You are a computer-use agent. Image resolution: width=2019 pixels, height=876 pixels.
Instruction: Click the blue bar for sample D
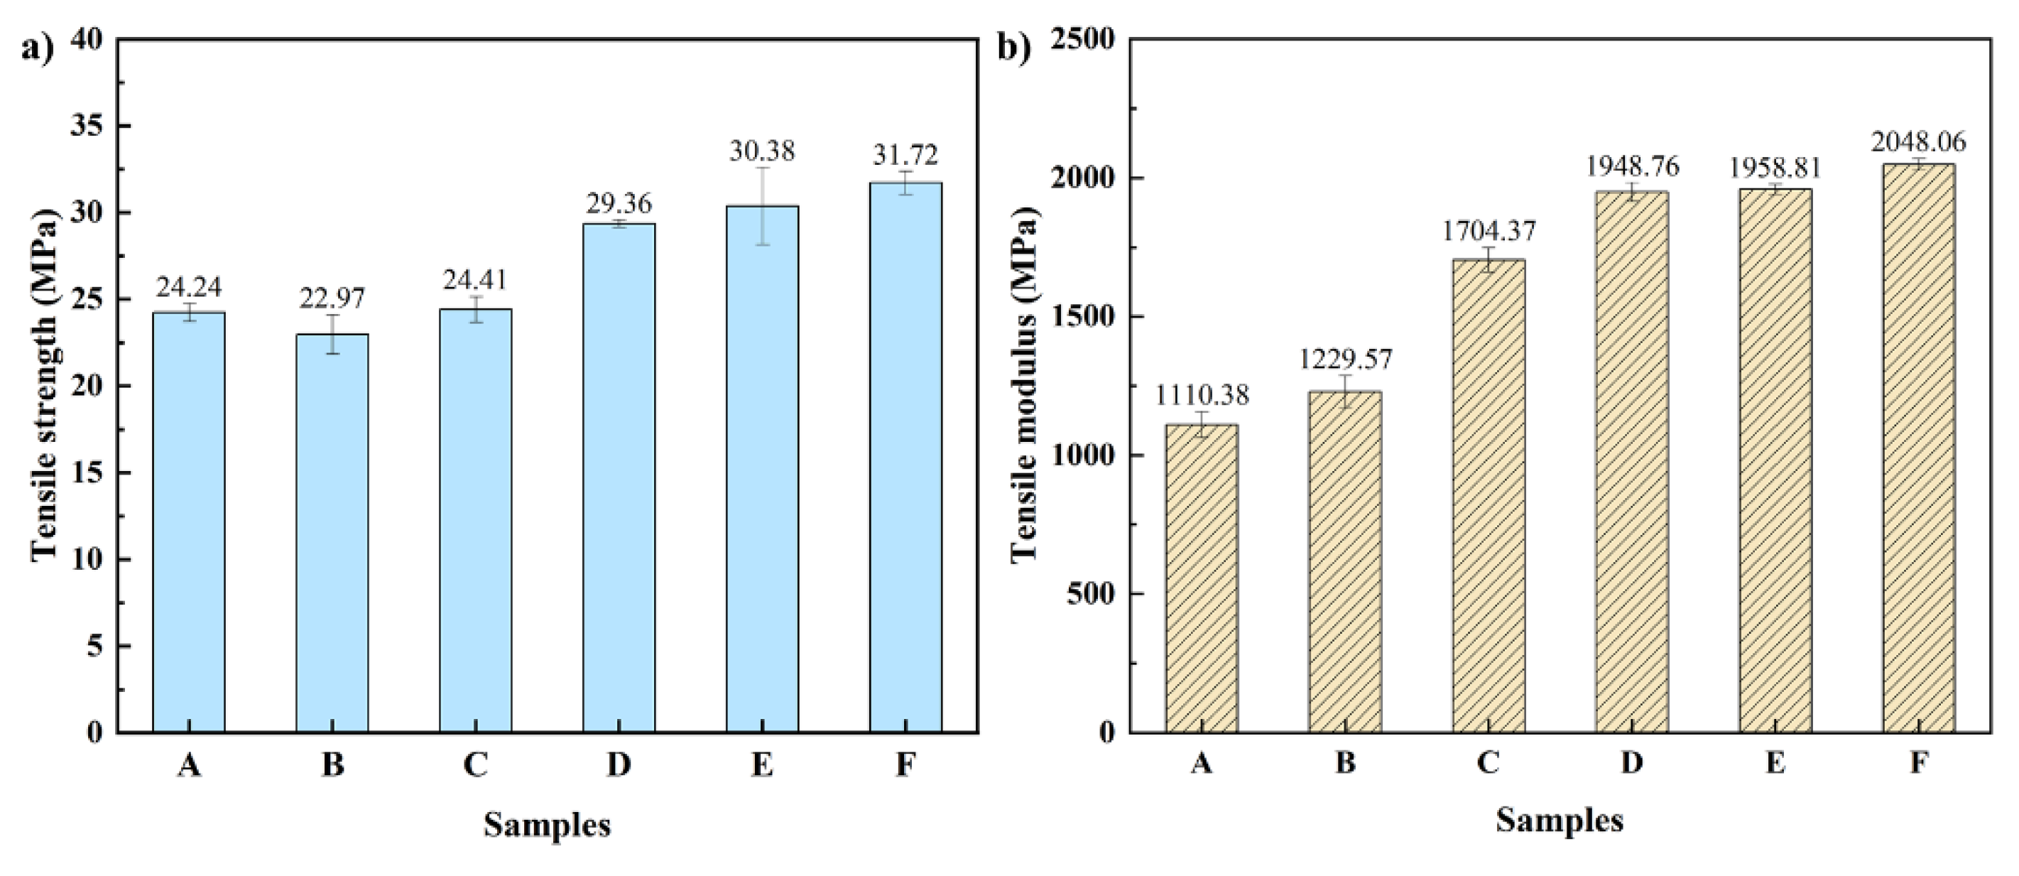tap(619, 478)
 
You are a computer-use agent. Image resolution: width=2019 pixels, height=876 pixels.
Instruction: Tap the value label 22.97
tap(332, 298)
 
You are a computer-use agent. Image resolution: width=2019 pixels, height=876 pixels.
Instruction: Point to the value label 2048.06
tap(1919, 142)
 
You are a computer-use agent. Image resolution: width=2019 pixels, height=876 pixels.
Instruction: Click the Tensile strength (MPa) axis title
tap(45, 384)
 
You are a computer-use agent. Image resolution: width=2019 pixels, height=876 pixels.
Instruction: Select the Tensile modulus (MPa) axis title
tap(1023, 384)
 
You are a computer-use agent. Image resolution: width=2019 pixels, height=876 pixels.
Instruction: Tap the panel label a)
tap(37, 48)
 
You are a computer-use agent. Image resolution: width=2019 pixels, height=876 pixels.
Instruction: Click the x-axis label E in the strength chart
tap(762, 764)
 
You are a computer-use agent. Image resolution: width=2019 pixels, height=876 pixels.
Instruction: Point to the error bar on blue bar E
tap(763, 205)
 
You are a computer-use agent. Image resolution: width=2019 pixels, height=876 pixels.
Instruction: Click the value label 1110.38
tap(1202, 395)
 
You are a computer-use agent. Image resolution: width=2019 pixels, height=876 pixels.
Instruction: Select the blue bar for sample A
tap(189, 521)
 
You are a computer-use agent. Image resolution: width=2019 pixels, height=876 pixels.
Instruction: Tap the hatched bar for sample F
tap(1919, 447)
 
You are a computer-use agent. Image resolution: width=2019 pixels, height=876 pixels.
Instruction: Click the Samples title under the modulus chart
tap(1559, 821)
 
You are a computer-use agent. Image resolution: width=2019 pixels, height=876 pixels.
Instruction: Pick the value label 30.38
tap(762, 151)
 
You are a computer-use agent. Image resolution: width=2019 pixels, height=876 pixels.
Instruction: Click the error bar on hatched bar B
tap(1345, 391)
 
